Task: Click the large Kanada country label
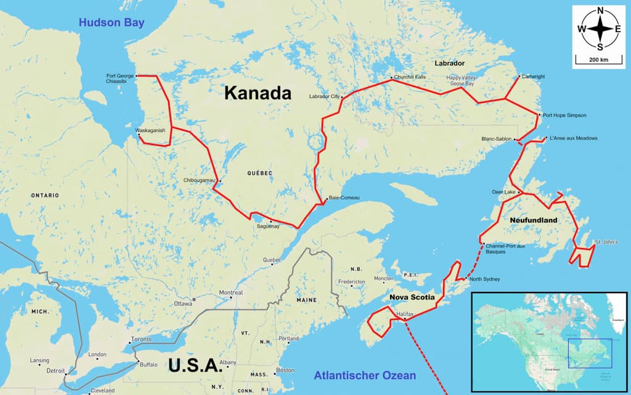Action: [x=257, y=93]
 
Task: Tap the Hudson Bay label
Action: [x=111, y=23]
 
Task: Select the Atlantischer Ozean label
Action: [x=364, y=375]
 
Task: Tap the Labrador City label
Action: [x=324, y=97]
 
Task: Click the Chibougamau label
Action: [x=198, y=180]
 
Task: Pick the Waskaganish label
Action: [x=151, y=130]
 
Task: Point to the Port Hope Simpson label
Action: [x=564, y=115]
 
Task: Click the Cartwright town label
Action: [x=533, y=77]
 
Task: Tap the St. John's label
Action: [x=606, y=242]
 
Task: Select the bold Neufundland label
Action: [x=534, y=220]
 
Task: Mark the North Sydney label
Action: [x=484, y=279]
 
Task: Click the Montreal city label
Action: [x=231, y=293]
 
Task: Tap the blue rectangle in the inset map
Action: [x=590, y=353]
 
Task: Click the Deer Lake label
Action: [x=503, y=192]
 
